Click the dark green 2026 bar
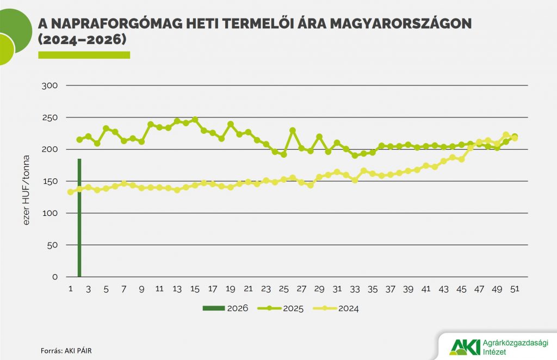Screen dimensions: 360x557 point(79,218)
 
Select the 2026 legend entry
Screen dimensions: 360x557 point(226,308)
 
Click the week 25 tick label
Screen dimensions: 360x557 point(283,289)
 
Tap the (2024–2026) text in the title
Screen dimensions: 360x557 point(82,40)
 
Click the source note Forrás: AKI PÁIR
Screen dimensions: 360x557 point(70,351)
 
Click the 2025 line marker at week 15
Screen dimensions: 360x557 point(195,120)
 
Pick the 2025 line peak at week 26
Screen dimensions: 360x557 point(293,131)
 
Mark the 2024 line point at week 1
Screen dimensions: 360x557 point(70,192)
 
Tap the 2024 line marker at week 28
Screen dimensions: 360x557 point(311,185)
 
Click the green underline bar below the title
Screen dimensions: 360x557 point(84,55)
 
